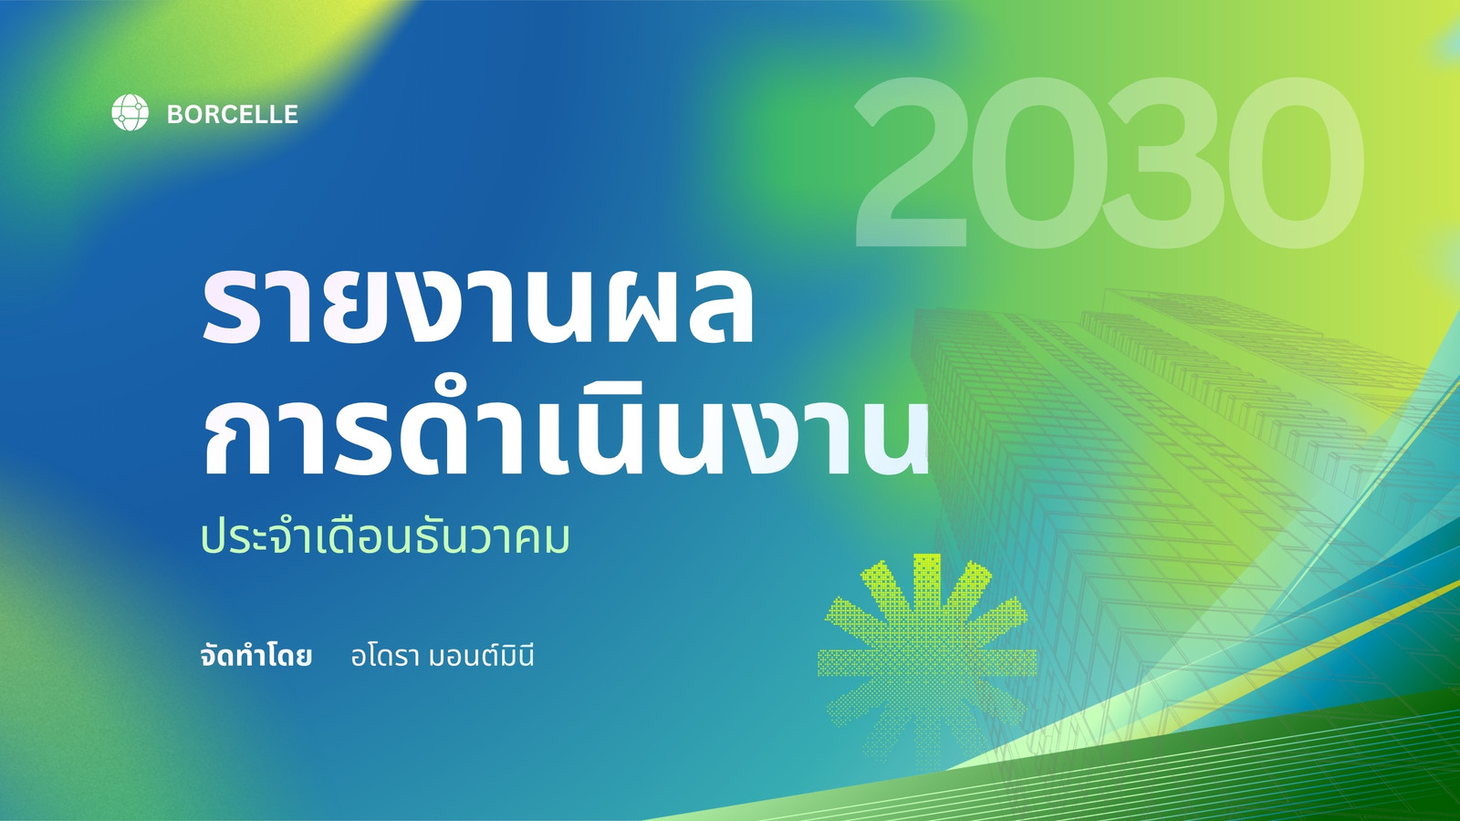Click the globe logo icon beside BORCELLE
(x=130, y=113)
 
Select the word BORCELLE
(x=232, y=115)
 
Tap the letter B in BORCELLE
(x=176, y=115)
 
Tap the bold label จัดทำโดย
(x=256, y=656)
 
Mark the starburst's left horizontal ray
(x=855, y=661)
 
